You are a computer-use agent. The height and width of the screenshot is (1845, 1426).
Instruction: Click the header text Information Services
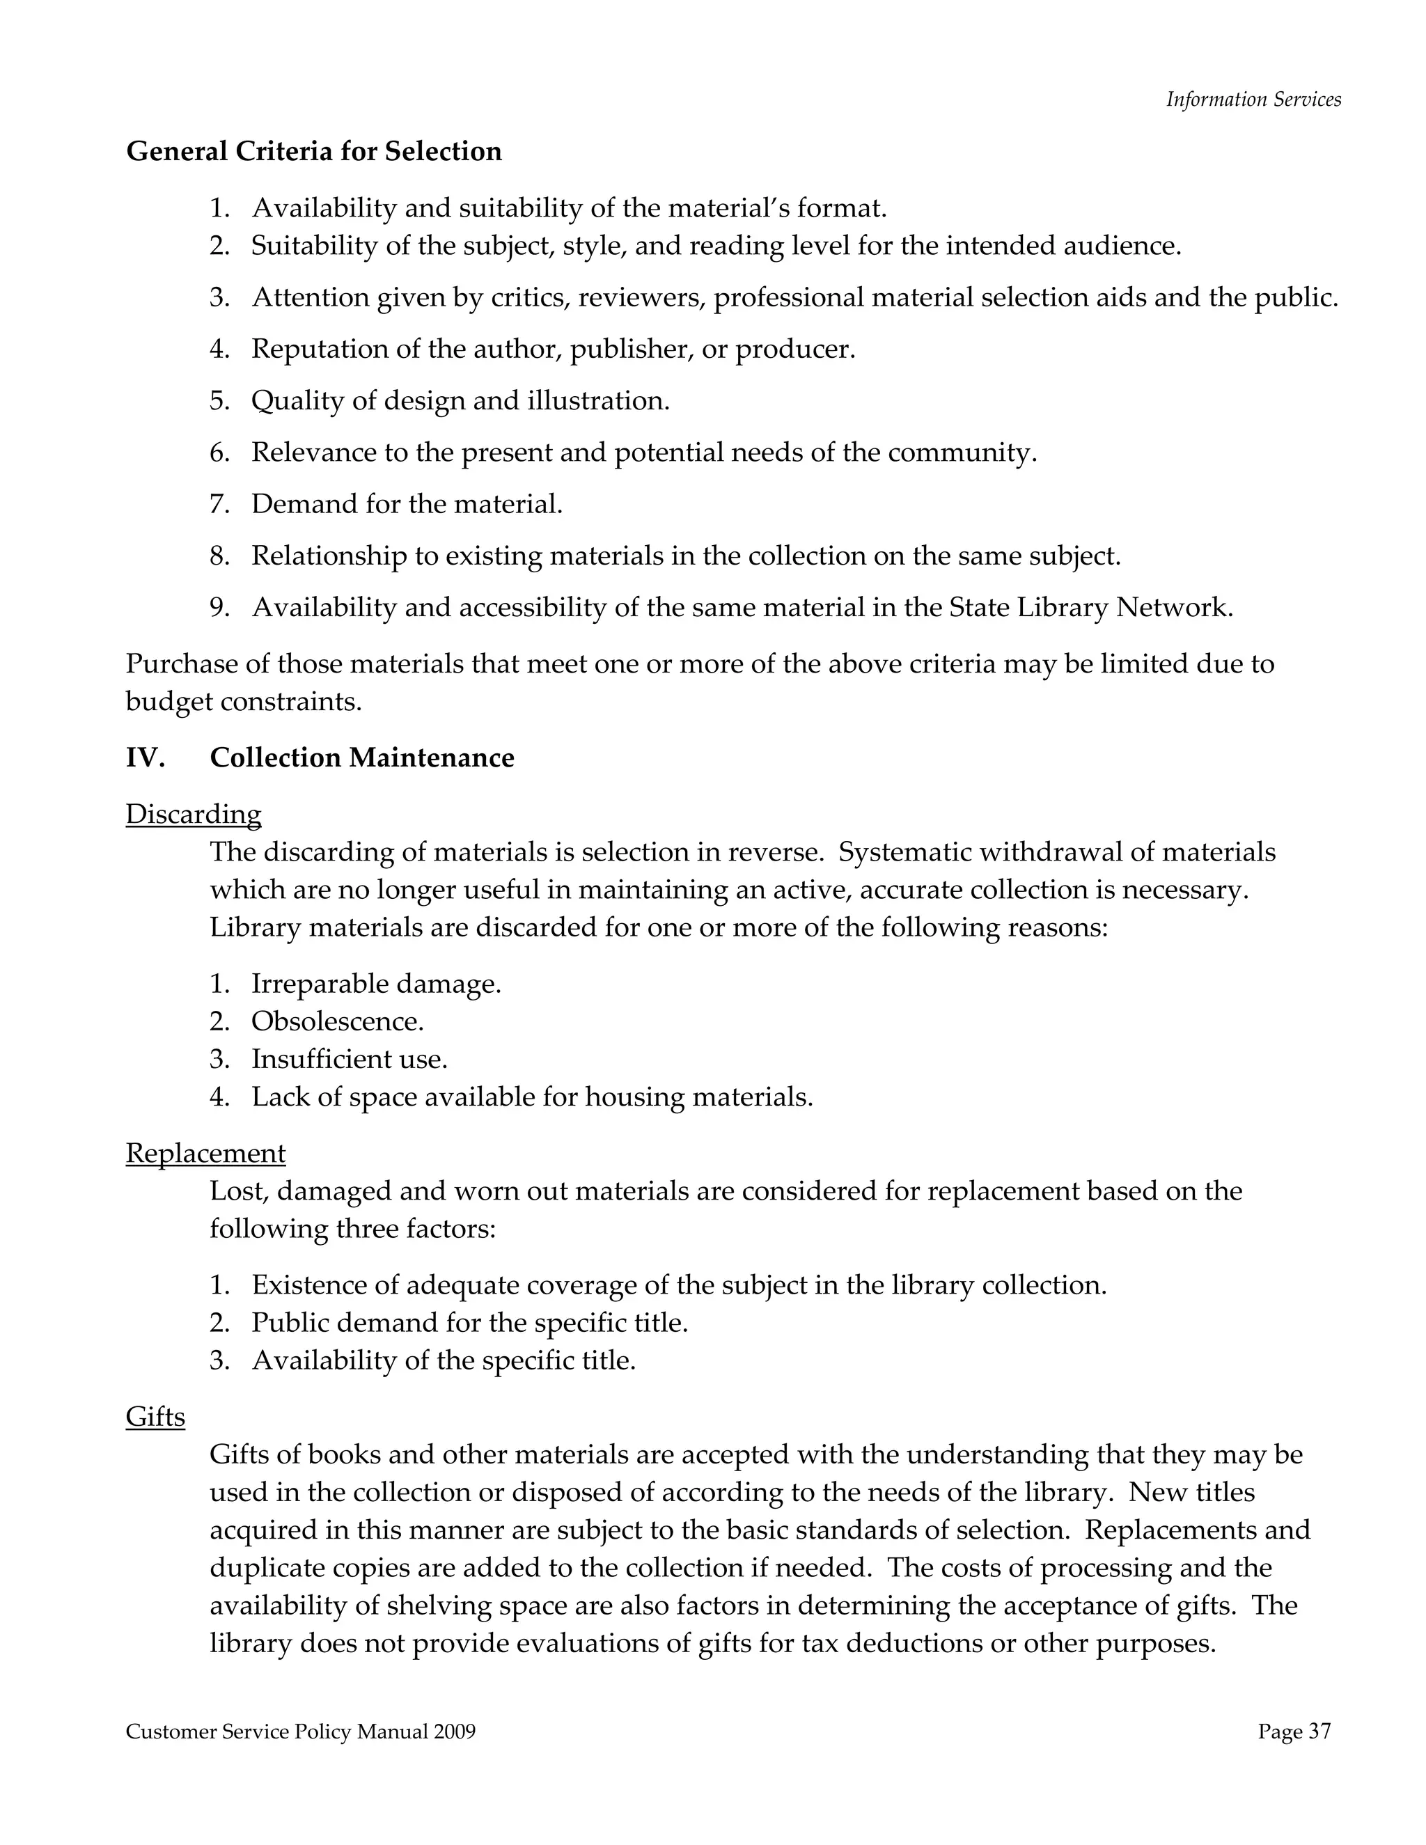point(1253,100)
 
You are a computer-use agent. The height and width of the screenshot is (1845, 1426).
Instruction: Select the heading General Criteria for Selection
point(313,151)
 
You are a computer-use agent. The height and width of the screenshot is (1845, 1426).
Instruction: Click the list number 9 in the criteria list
point(219,607)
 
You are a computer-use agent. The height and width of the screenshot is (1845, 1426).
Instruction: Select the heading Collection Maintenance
point(361,757)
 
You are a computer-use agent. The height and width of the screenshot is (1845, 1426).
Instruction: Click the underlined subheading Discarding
point(194,815)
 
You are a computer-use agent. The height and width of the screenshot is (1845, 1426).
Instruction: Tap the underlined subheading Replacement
point(205,1153)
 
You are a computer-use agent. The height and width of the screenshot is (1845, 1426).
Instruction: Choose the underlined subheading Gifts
point(155,1417)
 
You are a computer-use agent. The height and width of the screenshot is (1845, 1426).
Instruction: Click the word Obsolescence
point(336,1022)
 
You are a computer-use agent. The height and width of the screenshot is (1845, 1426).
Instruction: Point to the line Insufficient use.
point(349,1060)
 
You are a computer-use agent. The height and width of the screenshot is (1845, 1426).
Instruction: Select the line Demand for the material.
point(407,504)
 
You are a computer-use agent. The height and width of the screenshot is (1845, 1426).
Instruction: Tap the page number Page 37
point(1294,1732)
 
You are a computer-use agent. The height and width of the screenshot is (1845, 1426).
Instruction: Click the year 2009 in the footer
point(455,1732)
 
